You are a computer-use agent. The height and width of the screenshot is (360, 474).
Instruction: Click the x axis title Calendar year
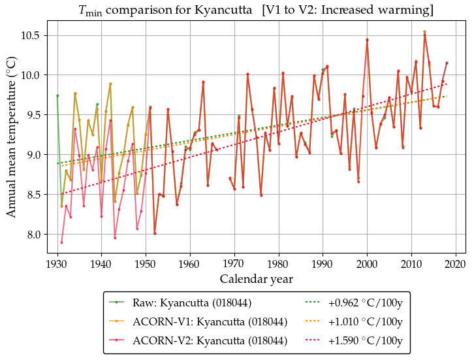tap(256, 279)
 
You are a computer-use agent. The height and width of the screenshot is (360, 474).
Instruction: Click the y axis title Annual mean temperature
tap(12, 140)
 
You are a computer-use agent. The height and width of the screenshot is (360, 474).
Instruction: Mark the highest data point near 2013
tap(424, 32)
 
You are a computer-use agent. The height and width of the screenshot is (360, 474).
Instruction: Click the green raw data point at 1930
tap(57, 95)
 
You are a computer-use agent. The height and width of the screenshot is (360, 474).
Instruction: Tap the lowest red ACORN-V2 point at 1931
tap(61, 242)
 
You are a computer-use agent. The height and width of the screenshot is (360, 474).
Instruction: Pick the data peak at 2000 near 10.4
tap(367, 40)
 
